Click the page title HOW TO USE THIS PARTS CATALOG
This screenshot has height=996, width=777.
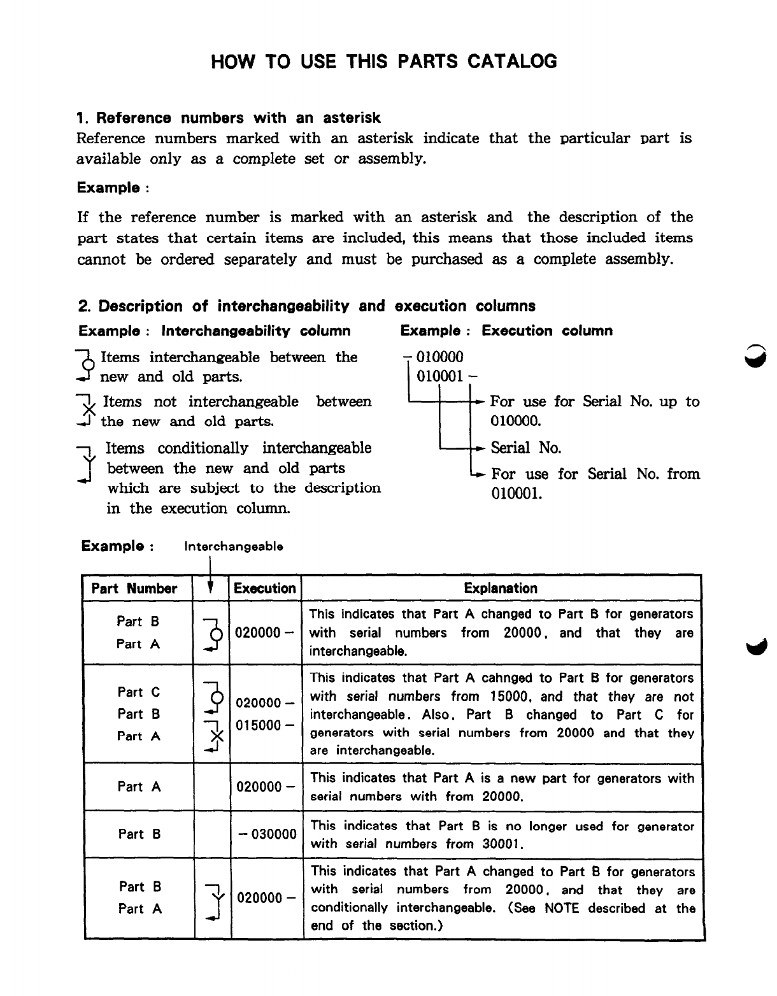(384, 61)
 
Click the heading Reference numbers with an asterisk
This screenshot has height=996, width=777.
(228, 118)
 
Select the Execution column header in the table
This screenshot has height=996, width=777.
(264, 588)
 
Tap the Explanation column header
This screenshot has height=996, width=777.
(501, 588)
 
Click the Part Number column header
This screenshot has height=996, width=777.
(134, 588)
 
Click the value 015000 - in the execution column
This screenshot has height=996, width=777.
(264, 725)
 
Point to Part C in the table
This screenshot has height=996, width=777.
(138, 692)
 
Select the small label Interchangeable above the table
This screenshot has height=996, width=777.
(233, 546)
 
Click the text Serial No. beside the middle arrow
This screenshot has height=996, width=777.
(525, 448)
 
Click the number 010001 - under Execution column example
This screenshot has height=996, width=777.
(443, 376)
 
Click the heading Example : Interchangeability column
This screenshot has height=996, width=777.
(215, 331)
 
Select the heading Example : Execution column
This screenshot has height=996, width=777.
(506, 331)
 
